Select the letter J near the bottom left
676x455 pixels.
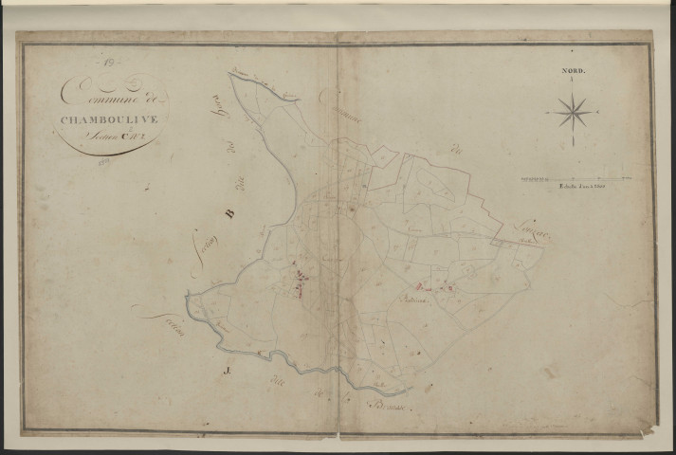(227, 359)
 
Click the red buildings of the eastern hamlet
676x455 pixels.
(435, 286)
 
